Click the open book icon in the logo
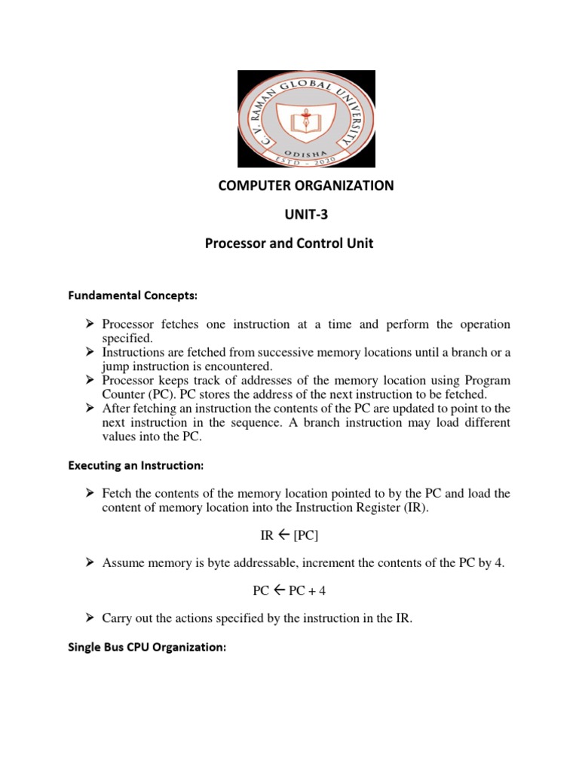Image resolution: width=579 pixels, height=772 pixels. coord(306,119)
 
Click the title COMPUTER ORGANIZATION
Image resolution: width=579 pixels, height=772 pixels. coord(306,185)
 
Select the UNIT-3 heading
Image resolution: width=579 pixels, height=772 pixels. coord(306,215)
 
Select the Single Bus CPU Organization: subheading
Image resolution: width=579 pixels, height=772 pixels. coord(148,646)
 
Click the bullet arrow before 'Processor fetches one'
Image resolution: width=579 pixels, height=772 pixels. coord(89,324)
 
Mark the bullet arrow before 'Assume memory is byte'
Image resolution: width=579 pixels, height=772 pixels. coord(89,563)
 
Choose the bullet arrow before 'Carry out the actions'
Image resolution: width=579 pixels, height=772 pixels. coord(89,618)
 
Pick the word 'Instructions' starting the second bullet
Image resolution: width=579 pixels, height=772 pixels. coord(132,353)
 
